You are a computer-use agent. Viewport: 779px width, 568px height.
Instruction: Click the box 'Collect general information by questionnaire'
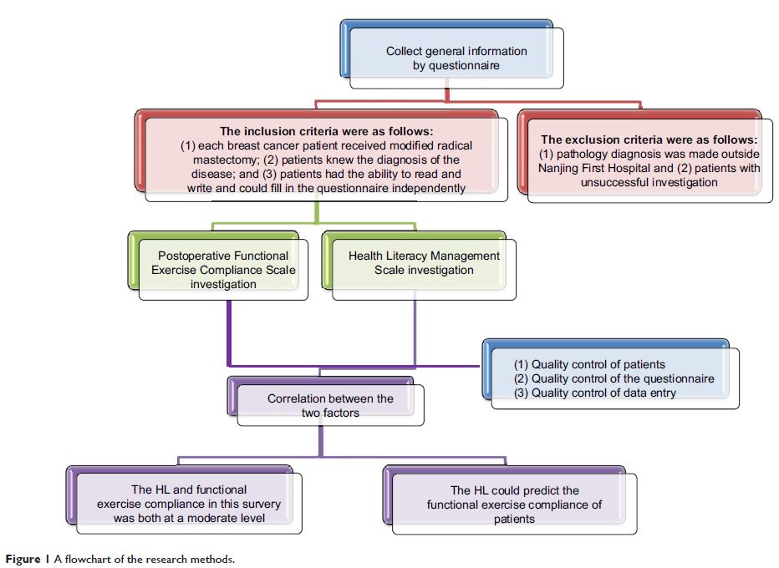tap(456, 58)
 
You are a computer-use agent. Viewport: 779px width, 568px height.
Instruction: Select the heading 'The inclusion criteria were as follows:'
tap(326, 131)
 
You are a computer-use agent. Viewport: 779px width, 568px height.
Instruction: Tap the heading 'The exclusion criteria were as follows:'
tap(649, 139)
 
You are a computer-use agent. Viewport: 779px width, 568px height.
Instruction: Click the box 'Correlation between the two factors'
tap(330, 405)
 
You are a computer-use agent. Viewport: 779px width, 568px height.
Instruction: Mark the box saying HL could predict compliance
tap(514, 504)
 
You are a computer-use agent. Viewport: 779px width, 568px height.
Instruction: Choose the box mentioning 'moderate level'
tap(189, 504)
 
